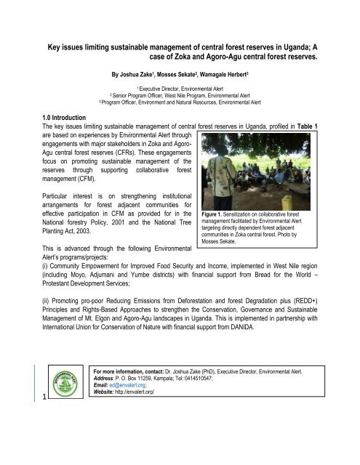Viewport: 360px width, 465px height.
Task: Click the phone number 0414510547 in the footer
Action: pos(228,422)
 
